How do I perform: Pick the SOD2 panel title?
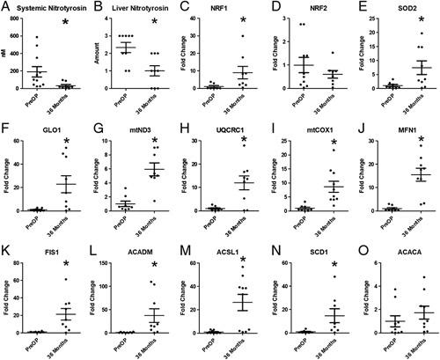(x=400, y=8)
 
